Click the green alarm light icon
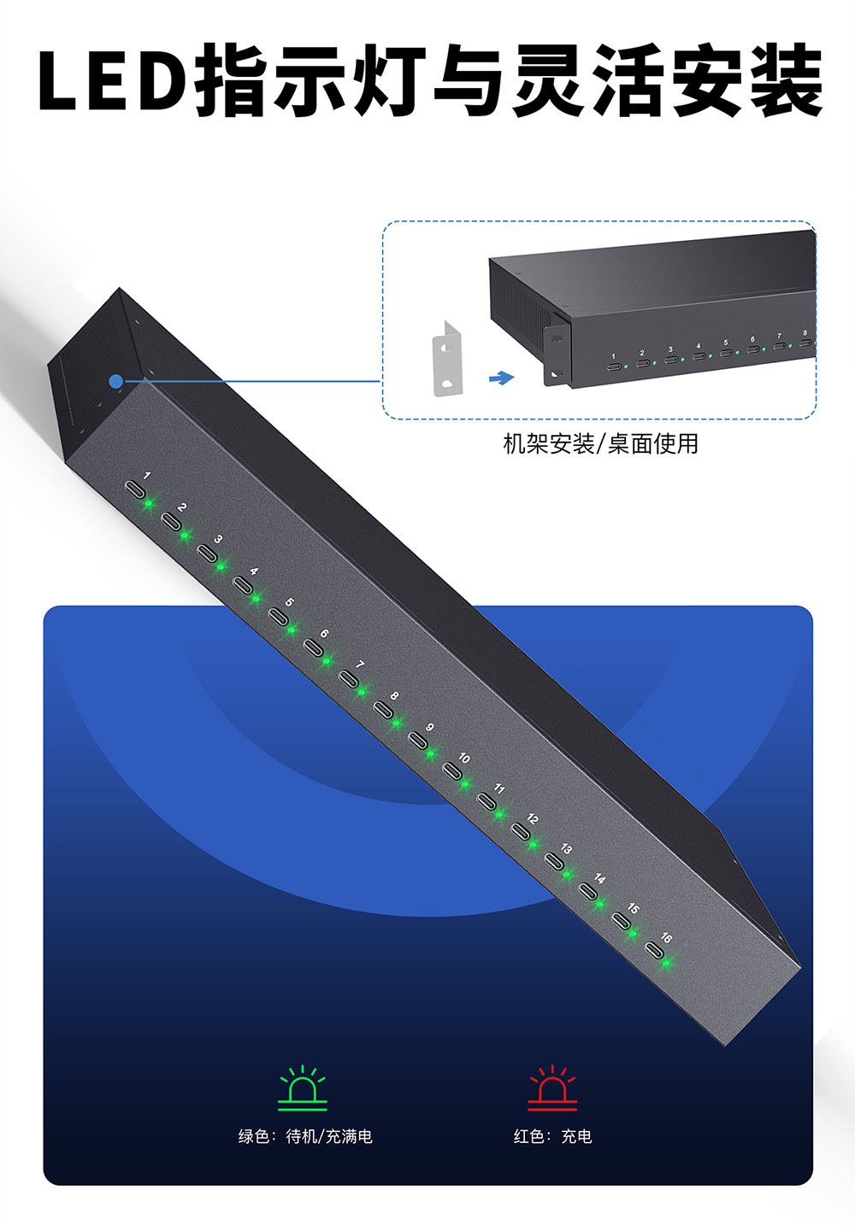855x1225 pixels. pyautogui.click(x=303, y=1087)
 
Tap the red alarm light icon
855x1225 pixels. pyautogui.click(x=552, y=1087)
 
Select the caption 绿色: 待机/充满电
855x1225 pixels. pyautogui.click(x=305, y=1136)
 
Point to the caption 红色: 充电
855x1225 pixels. pyautogui.click(x=552, y=1136)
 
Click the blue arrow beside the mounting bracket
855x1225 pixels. pyautogui.click(x=501, y=378)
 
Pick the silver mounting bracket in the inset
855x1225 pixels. pyautogui.click(x=447, y=360)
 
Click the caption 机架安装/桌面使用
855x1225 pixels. pyautogui.click(x=600, y=443)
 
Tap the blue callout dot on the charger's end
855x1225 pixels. pyautogui.click(x=116, y=382)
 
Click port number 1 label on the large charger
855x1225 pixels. pyautogui.click(x=147, y=475)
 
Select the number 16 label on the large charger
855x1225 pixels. pyautogui.click(x=666, y=937)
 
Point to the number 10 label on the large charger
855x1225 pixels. pyautogui.click(x=463, y=758)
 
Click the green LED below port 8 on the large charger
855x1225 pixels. pyautogui.click(x=396, y=724)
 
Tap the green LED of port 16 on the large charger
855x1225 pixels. pyautogui.click(x=666, y=964)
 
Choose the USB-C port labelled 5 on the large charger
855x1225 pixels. pyautogui.click(x=277, y=616)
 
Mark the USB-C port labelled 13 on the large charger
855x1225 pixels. pyautogui.click(x=553, y=861)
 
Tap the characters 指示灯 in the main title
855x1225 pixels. pyautogui.click(x=310, y=81)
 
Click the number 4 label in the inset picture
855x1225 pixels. pyautogui.click(x=698, y=347)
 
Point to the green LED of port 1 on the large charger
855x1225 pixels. pyautogui.click(x=148, y=503)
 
